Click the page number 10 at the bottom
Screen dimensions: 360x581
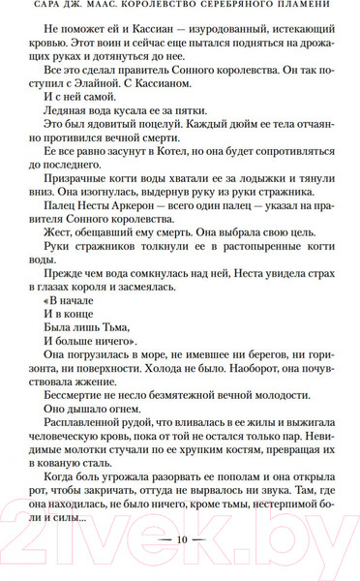tap(179, 537)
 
